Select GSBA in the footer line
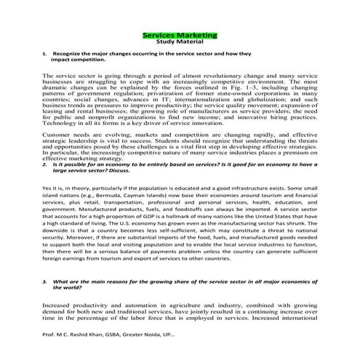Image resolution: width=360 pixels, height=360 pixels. [x=119, y=337]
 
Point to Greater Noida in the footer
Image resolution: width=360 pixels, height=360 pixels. [x=153, y=337]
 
